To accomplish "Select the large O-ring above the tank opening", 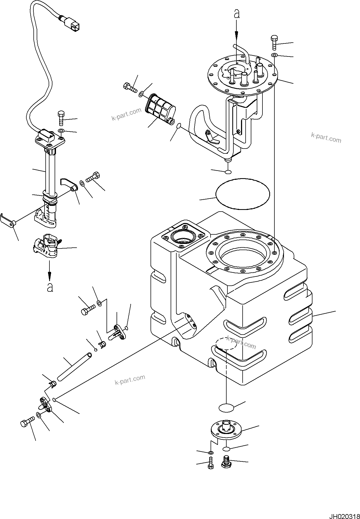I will [242, 194].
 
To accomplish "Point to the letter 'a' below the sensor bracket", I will [50, 287].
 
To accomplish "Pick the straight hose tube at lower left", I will [74, 366].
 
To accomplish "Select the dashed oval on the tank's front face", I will [226, 344].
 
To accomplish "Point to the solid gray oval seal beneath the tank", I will [226, 408].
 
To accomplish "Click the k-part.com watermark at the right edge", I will [326, 138].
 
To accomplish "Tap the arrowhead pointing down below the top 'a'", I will [237, 34].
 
